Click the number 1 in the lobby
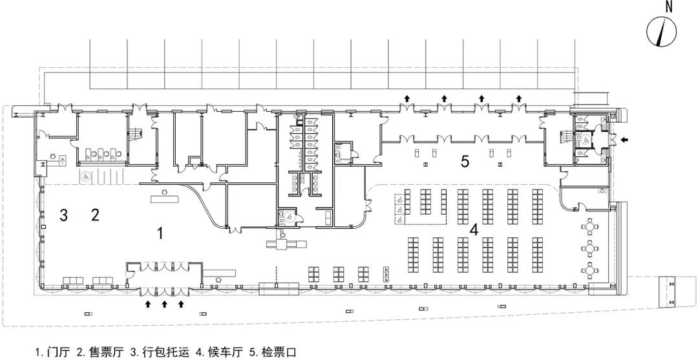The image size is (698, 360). (x=160, y=234)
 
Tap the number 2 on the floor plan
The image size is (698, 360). (x=95, y=215)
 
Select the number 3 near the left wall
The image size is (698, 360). (x=63, y=215)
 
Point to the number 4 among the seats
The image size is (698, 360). (x=474, y=229)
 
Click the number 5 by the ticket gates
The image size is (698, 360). (x=465, y=161)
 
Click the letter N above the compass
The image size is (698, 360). (x=669, y=8)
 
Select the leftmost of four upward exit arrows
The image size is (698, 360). (x=407, y=98)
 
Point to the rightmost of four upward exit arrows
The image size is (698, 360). (x=518, y=98)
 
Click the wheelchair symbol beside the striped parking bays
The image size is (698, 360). (x=83, y=175)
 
